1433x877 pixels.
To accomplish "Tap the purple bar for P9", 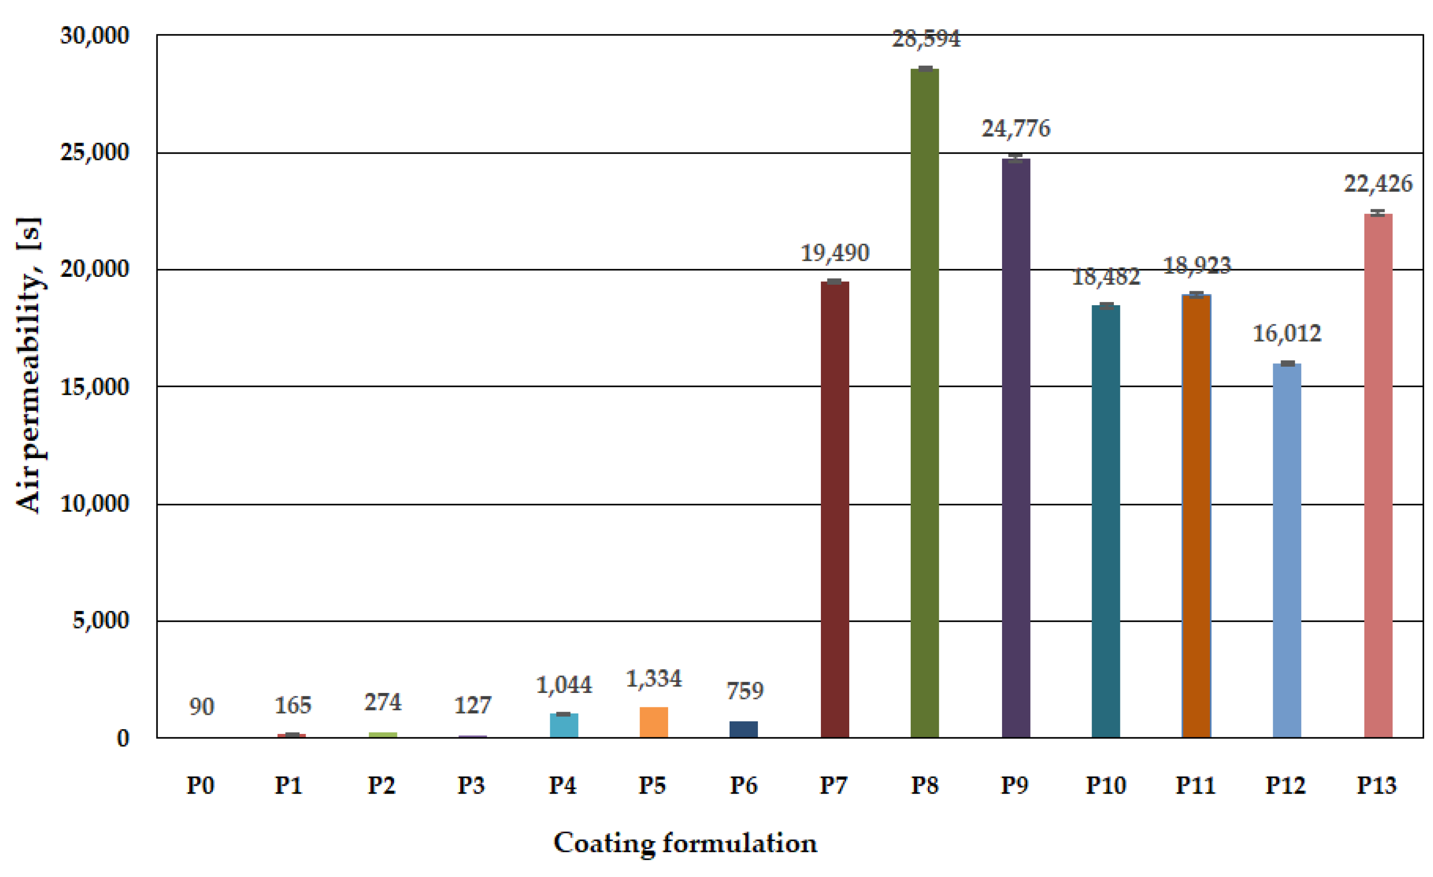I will point(1016,448).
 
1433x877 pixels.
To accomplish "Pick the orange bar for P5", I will point(654,722).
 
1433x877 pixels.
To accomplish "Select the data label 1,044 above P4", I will point(564,685).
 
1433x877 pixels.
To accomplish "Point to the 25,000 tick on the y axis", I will point(94,152).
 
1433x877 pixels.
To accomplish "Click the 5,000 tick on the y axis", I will point(100,621).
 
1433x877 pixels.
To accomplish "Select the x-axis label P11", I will point(1195,786).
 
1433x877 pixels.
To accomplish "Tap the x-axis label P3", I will point(471,786).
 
